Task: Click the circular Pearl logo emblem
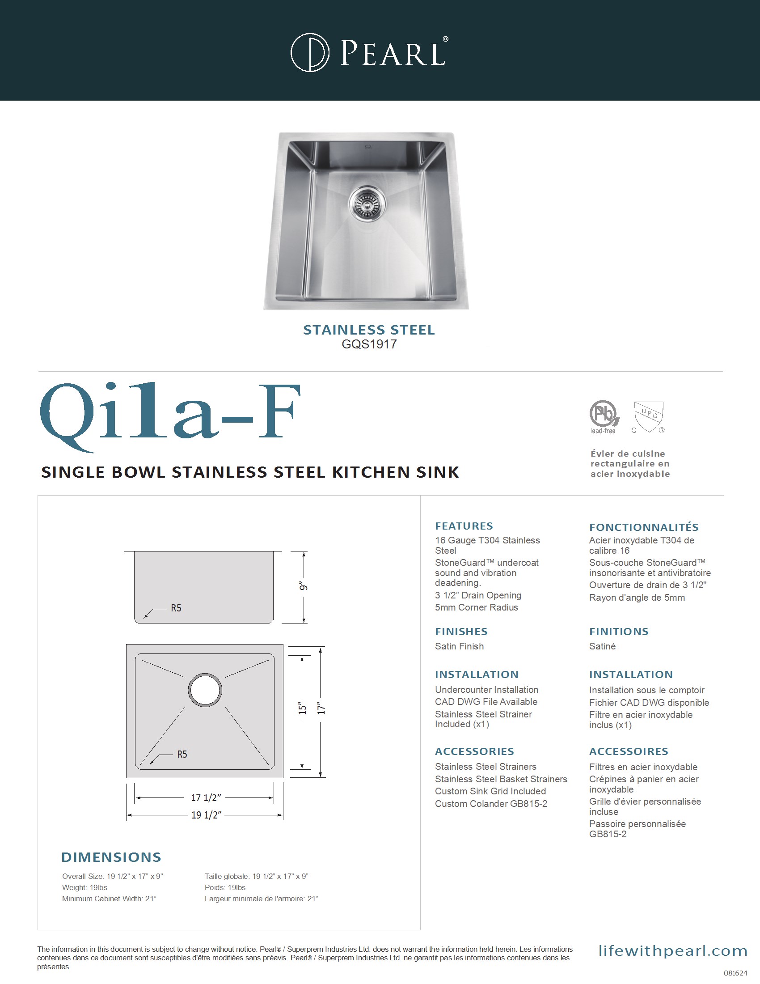click(x=310, y=52)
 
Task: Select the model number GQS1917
click(x=369, y=344)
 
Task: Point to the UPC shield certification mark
click(x=648, y=416)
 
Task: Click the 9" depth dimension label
click(x=304, y=586)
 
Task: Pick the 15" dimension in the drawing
click(x=302, y=709)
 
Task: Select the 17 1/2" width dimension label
click(x=206, y=797)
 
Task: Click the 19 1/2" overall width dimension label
click(x=206, y=814)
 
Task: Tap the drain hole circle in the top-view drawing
click(x=205, y=690)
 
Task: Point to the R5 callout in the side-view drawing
click(x=176, y=608)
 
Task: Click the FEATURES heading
click(x=464, y=526)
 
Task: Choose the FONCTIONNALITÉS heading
click(x=644, y=527)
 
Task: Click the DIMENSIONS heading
click(x=111, y=857)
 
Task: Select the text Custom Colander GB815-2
click(x=491, y=804)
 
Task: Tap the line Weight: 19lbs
click(x=84, y=887)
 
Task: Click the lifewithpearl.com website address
click(x=673, y=950)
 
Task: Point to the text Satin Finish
click(x=459, y=646)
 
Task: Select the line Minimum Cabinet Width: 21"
click(x=109, y=899)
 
